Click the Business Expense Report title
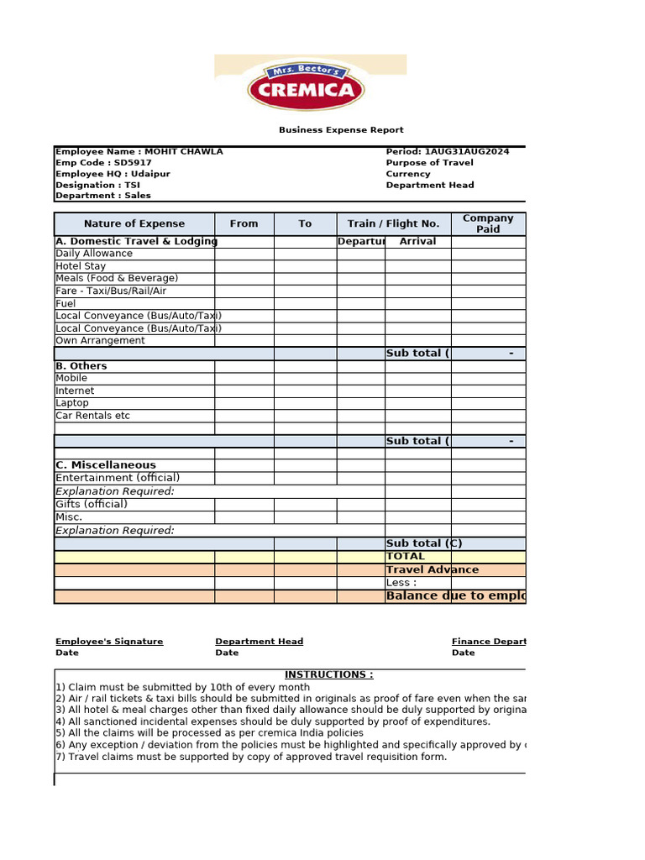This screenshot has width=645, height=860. point(341,130)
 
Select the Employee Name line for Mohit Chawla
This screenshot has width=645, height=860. point(139,151)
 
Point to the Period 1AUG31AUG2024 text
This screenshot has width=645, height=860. point(447,151)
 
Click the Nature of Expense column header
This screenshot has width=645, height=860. point(134,223)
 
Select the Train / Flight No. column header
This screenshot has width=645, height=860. point(393,223)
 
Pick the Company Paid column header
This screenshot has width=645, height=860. point(488,223)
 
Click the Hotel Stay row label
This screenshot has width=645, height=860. point(81,266)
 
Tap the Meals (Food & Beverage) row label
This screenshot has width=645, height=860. point(117,278)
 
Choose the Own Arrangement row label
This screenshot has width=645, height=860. point(100,340)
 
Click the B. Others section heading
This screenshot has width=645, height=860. point(81,366)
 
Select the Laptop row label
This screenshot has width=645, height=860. point(72,403)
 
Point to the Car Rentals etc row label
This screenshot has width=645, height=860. point(92,416)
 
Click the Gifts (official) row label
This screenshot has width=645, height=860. point(92,504)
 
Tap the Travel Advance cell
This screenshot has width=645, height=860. point(433,569)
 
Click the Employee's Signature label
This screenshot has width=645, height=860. point(109,642)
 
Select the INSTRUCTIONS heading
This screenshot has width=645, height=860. point(328,674)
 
